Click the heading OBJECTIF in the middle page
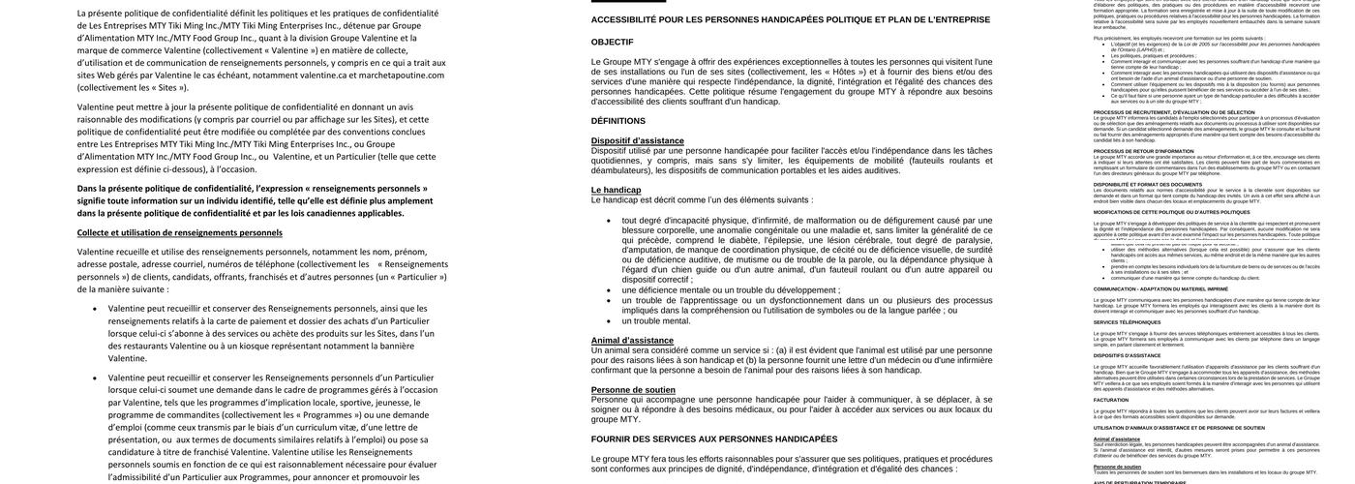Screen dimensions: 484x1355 tap(612, 42)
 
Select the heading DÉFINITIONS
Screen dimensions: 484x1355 tap(618, 121)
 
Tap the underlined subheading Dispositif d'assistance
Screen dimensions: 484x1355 tap(637, 140)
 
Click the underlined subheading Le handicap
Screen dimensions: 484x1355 tap(616, 190)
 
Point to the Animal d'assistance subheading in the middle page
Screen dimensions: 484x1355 tap(632, 340)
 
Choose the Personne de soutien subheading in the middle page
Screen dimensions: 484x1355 tap(633, 389)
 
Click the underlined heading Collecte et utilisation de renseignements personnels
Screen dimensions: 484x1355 tap(180, 232)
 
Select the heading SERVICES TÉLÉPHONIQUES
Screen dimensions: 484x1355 tap(1126, 322)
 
